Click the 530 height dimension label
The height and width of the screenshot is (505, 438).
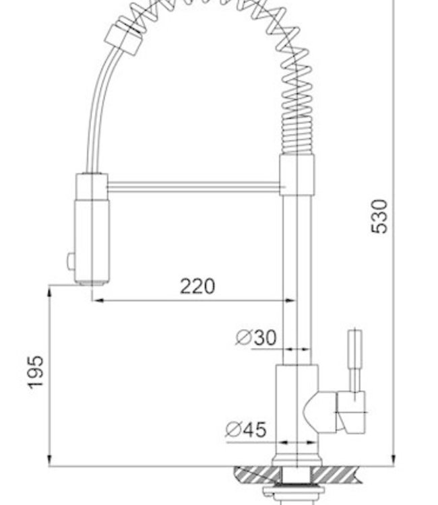point(381,216)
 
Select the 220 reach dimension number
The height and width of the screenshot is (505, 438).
point(197,286)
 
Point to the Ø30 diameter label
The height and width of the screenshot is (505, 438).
point(256,337)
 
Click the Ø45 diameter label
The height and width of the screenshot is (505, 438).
point(246,429)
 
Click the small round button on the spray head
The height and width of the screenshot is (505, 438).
point(69,260)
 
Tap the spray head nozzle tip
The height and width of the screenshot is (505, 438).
point(91,280)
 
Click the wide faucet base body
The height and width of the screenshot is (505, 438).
point(296,411)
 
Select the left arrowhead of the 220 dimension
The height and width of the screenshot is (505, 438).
point(96,300)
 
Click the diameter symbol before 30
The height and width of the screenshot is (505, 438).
point(243,337)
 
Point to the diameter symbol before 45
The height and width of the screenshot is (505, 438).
point(234,429)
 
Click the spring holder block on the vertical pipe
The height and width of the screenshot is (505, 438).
point(296,174)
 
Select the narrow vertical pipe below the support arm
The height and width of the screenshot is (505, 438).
point(296,269)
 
